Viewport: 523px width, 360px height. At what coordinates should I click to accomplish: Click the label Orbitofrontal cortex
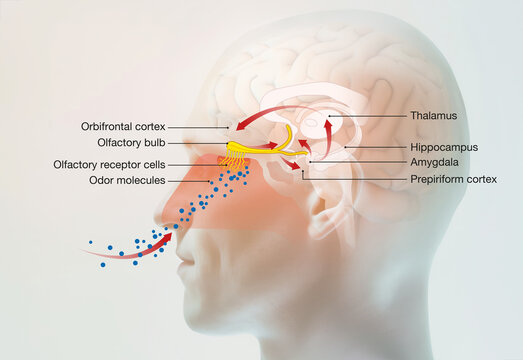coord(123,127)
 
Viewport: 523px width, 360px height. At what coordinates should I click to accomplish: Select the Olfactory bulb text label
coord(131,145)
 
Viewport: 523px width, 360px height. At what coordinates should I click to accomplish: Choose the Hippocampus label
coord(443,147)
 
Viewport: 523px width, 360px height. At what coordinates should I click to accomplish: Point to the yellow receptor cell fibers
coord(233,160)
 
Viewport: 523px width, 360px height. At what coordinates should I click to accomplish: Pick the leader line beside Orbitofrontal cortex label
coord(200,127)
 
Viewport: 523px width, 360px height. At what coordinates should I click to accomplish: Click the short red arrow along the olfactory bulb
coord(267,146)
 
